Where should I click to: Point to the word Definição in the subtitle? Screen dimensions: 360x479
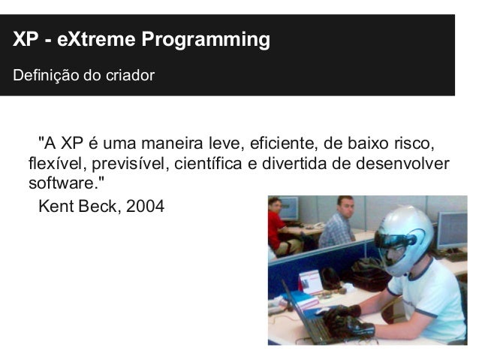pos(42,76)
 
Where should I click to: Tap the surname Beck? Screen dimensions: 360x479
pos(95,205)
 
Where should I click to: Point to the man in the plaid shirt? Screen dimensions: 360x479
pos(337,225)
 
